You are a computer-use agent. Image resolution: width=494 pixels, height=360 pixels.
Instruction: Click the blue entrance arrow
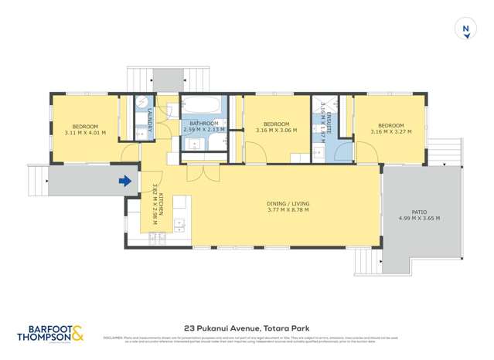point(124,182)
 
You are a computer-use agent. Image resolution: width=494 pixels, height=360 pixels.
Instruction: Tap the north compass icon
point(465,29)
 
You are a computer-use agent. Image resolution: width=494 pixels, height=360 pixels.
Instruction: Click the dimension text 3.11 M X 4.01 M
point(85,133)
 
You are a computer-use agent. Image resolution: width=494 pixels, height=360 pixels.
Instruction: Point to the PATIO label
point(419,211)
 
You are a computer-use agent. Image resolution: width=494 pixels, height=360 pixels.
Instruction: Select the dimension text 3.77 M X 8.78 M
point(277,209)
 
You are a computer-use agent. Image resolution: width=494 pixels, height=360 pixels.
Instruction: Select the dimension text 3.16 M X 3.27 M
point(390,132)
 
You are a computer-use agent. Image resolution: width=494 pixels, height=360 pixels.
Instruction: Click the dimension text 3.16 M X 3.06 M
point(276,131)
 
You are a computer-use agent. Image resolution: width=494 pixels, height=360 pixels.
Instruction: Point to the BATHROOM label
point(203,124)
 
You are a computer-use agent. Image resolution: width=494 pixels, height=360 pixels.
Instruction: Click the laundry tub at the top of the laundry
point(141,104)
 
